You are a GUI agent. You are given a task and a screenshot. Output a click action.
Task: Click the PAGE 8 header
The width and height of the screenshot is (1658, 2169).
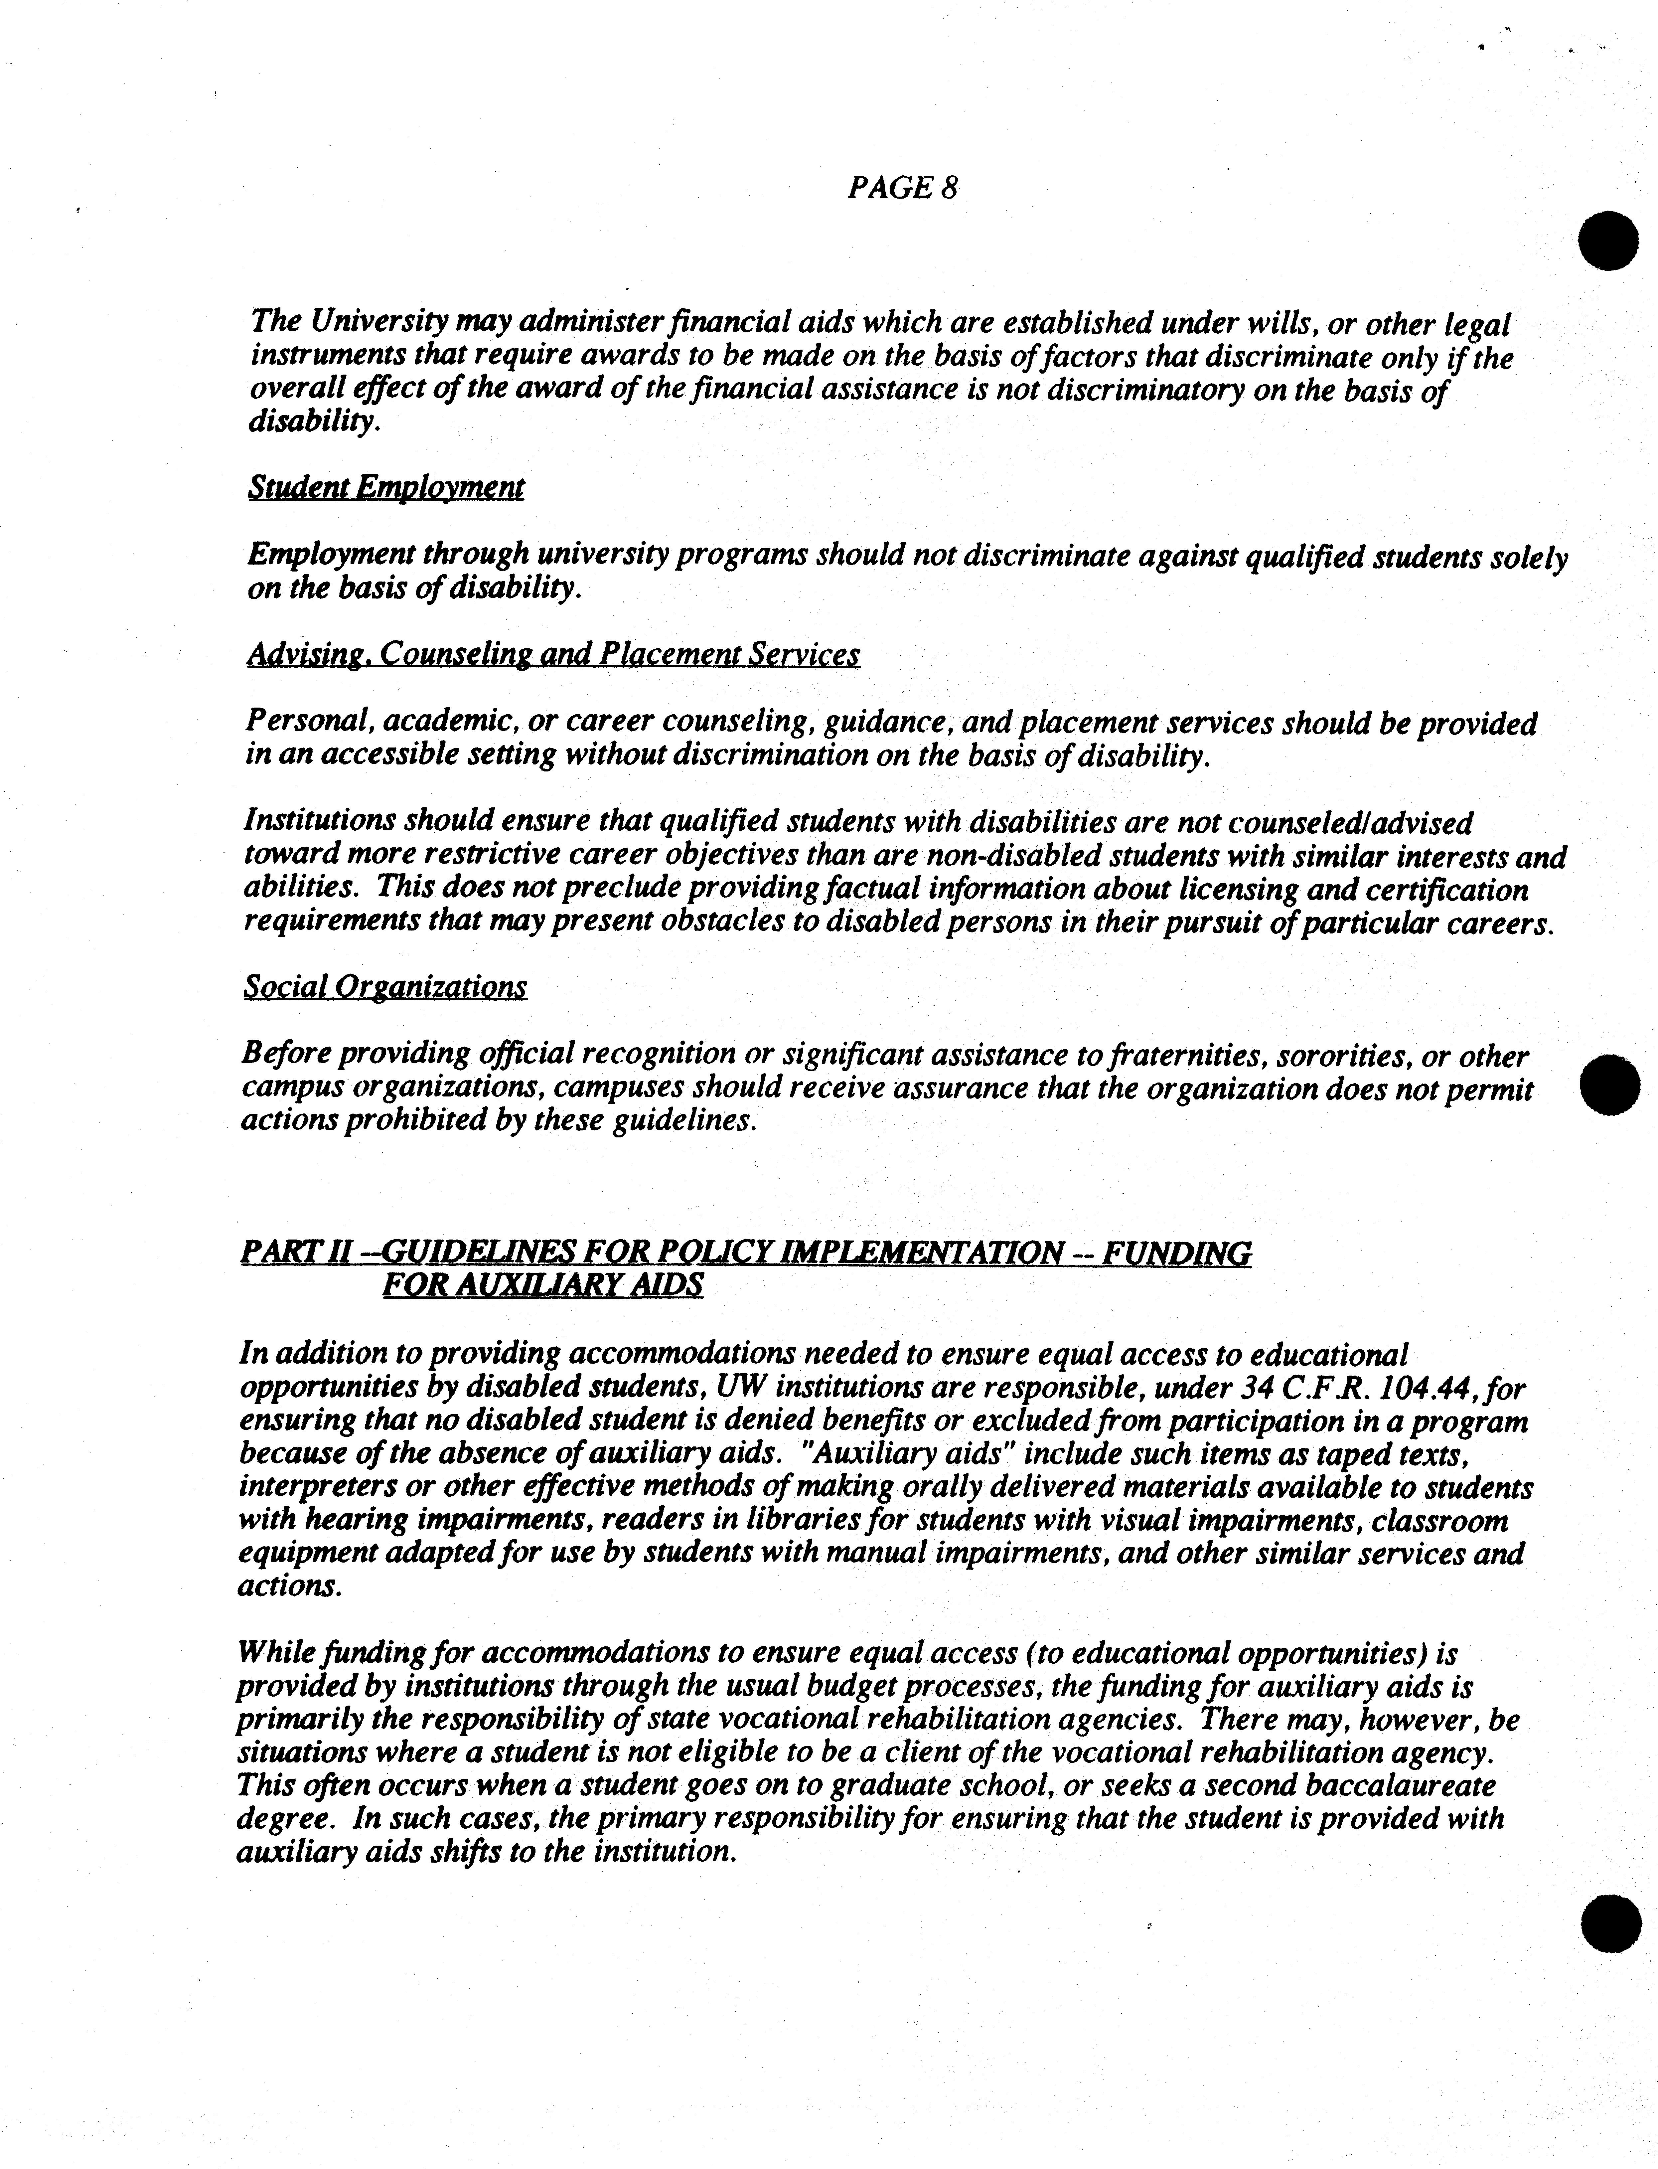pyautogui.click(x=902, y=188)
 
